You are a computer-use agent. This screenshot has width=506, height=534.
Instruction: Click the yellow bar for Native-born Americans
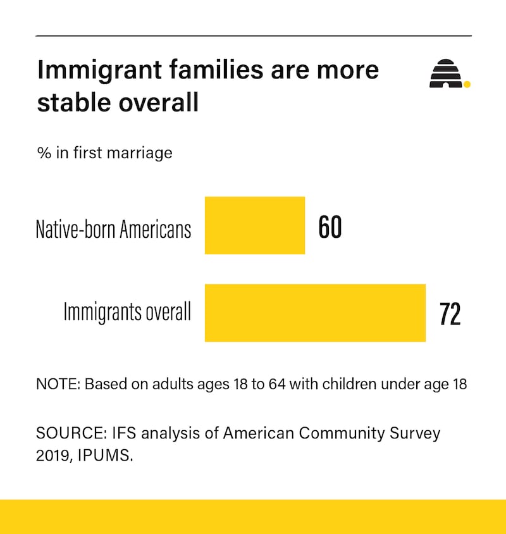(255, 225)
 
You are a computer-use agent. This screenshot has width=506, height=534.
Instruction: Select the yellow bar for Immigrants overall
(316, 313)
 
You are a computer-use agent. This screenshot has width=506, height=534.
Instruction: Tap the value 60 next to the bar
(330, 227)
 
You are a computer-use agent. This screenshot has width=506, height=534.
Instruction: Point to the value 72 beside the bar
(450, 314)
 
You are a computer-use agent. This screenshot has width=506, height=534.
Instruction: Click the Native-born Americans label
(113, 229)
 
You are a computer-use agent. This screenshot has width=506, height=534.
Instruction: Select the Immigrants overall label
(127, 311)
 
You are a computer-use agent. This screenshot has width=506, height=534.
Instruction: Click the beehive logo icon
(446, 73)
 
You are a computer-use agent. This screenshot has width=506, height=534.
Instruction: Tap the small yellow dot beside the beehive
(467, 84)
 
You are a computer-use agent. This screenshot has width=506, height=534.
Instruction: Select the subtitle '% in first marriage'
(104, 152)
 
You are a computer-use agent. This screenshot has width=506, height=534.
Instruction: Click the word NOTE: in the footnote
(58, 384)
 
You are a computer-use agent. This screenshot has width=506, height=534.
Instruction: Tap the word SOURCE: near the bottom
(71, 433)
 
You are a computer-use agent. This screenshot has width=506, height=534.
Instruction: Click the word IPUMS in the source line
(105, 456)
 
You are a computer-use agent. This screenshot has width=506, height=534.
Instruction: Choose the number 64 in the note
(277, 384)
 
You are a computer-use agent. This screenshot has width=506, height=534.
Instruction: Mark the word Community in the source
(342, 433)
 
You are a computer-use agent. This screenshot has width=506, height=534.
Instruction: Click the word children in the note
(349, 384)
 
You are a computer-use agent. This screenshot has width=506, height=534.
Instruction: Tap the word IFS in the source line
(124, 433)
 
